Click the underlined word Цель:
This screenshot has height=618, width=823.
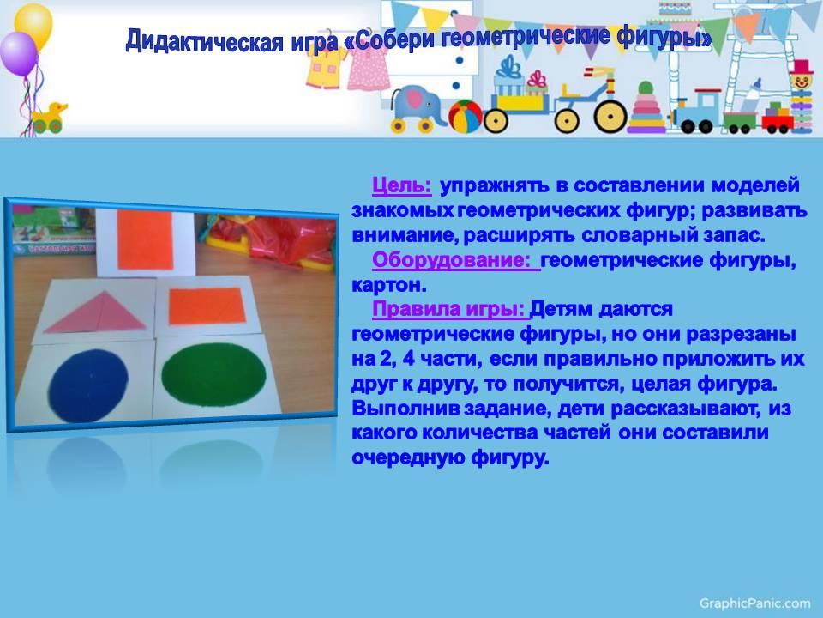click(x=401, y=185)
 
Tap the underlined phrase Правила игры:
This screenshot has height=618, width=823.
click(x=448, y=310)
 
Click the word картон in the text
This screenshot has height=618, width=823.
click(x=387, y=285)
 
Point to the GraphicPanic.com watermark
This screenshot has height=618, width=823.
click(x=754, y=603)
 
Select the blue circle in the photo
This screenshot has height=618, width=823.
click(x=88, y=385)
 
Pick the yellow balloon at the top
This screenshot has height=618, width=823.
click(x=33, y=25)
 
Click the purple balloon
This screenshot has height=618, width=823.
click(x=17, y=54)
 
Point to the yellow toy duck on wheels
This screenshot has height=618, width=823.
click(x=49, y=118)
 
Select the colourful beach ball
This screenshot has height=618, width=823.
click(x=465, y=116)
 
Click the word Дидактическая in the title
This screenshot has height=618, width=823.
click(x=205, y=40)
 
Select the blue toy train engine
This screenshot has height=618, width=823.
click(x=695, y=112)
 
